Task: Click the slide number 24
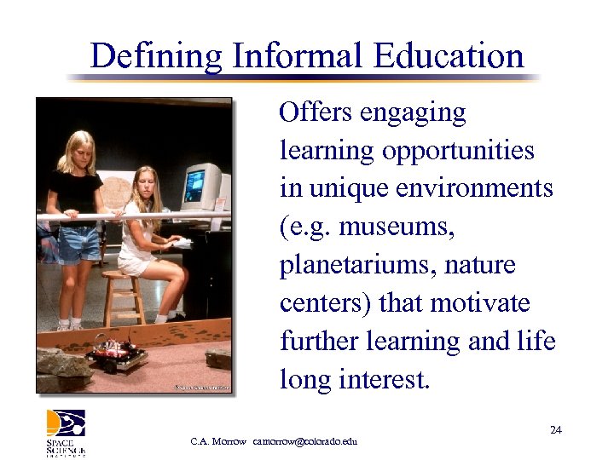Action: click(555, 430)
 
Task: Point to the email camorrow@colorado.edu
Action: click(305, 441)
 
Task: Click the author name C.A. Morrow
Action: click(218, 441)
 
